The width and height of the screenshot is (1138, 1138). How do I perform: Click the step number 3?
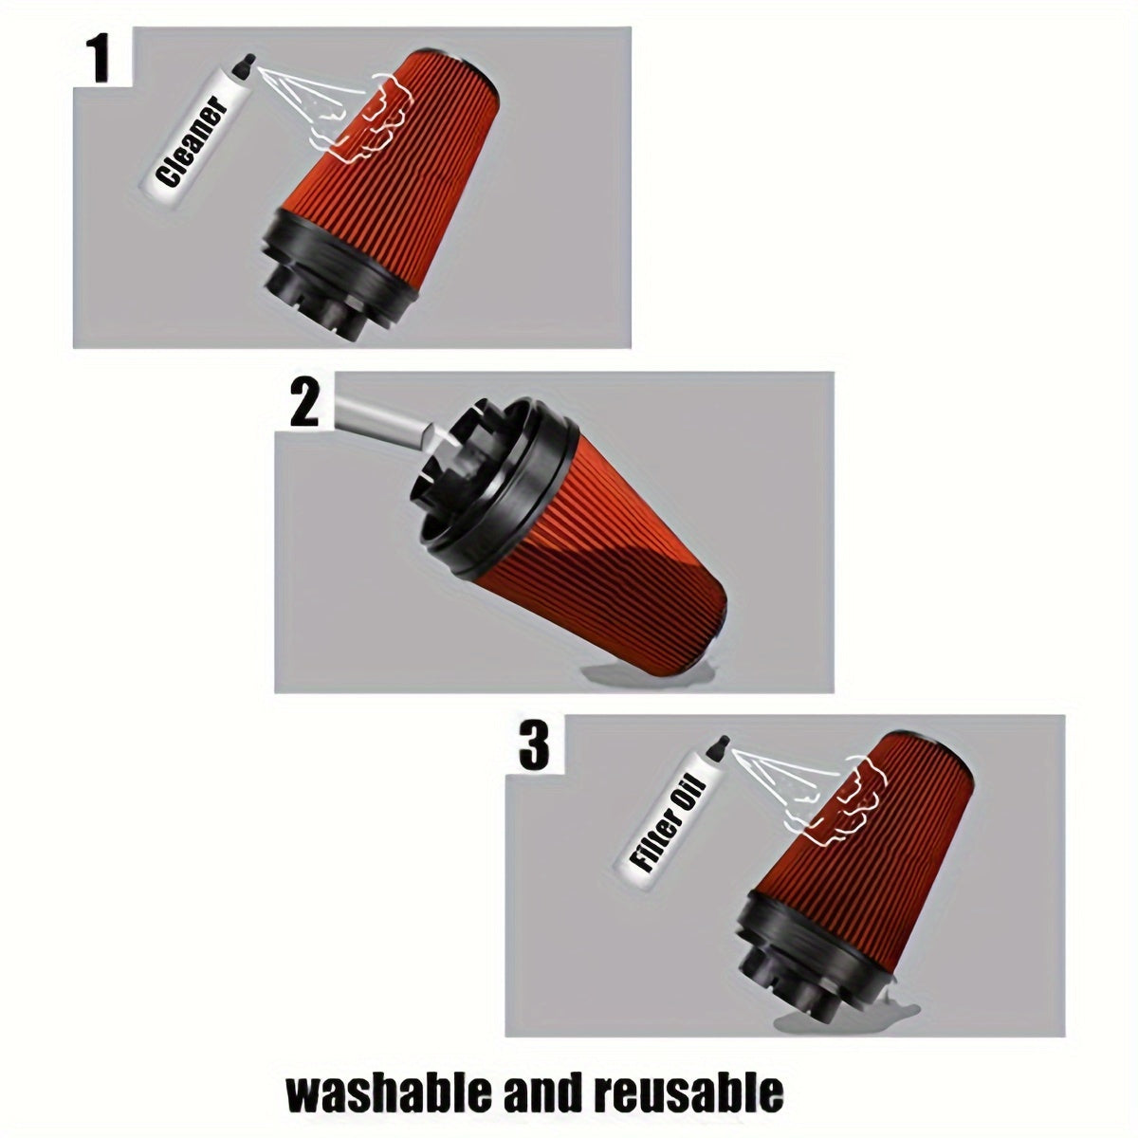[x=534, y=746]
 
